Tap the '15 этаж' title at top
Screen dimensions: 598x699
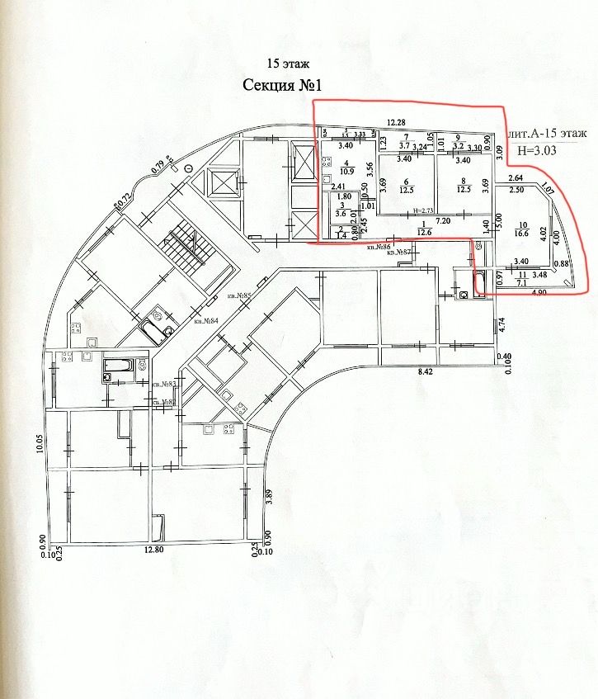282,63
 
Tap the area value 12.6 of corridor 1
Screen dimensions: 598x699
426,232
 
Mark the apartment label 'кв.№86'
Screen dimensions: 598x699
379,247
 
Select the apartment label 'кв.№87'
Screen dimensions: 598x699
401,252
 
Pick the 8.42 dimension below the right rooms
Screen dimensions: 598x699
426,372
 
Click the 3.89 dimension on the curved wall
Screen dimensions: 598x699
269,496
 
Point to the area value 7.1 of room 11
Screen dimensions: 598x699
520,283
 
